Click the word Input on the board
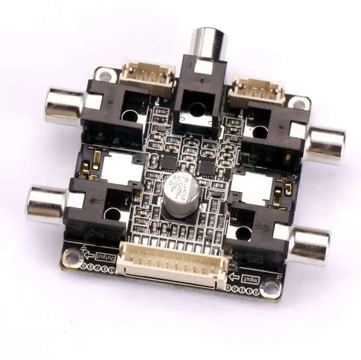(x=252, y=277)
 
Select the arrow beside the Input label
(x=232, y=276)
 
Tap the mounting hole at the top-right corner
(x=303, y=104)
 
